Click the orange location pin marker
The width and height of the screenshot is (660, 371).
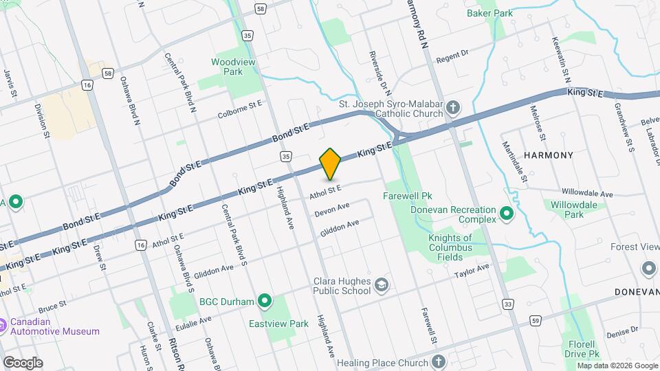(330, 164)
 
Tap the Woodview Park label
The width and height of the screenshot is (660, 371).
(227, 66)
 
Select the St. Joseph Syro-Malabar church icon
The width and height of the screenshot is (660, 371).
(452, 107)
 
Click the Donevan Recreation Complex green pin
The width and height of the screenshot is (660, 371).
(507, 214)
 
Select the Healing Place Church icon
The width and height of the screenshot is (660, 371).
(440, 362)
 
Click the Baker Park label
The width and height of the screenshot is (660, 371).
(489, 12)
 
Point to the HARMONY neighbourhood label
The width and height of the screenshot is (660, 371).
(548, 155)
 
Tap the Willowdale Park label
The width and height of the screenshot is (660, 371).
(566, 209)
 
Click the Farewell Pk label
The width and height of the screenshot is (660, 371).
(406, 195)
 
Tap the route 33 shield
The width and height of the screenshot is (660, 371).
(508, 303)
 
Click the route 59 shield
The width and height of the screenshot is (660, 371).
(535, 319)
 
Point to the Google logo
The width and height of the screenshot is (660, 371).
(22, 362)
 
